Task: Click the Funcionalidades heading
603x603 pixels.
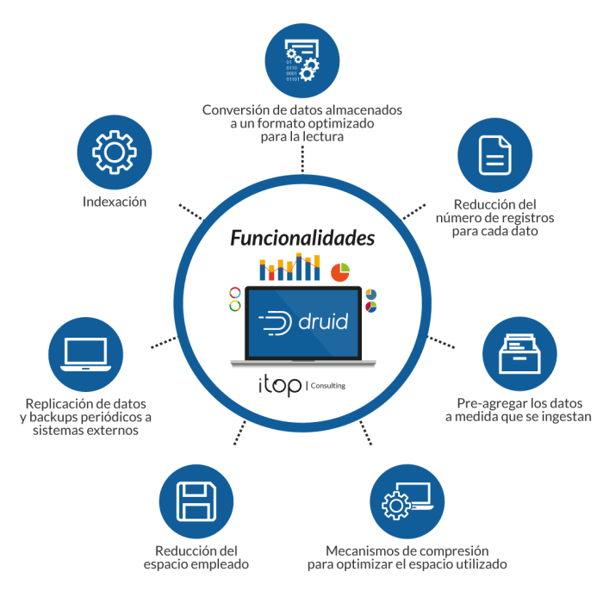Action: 301,237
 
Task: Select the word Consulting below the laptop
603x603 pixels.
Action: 329,386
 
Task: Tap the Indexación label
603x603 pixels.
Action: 115,202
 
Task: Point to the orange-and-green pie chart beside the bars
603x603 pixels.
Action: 339,271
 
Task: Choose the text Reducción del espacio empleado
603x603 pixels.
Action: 196,557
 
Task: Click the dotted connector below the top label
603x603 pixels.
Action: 301,159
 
